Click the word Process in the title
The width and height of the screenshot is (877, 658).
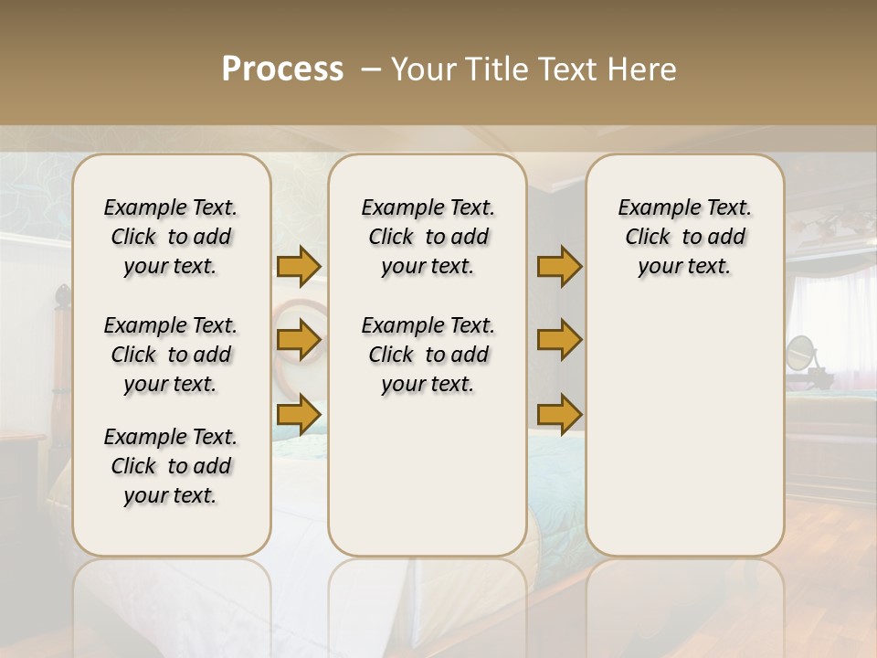(x=282, y=69)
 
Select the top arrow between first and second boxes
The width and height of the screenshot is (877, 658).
(x=299, y=266)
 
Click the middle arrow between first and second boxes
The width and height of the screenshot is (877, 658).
(x=299, y=340)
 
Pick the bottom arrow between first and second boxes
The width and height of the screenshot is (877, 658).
(x=299, y=414)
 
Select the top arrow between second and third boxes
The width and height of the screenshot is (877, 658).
(x=559, y=266)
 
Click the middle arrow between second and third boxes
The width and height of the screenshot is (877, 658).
(x=559, y=340)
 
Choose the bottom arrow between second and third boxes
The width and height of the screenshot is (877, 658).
(x=559, y=414)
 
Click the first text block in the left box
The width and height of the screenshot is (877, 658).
(x=171, y=237)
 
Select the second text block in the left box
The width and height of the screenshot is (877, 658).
(x=171, y=355)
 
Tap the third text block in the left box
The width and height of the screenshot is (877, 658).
(x=171, y=466)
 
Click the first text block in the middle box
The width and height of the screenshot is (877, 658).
(x=428, y=237)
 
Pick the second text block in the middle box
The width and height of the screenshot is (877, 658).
(x=428, y=355)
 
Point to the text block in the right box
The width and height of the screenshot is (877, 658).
(x=684, y=237)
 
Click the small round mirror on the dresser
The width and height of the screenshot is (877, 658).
(x=799, y=351)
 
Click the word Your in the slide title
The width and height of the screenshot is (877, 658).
(x=422, y=69)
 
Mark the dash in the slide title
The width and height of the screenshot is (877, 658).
(x=371, y=70)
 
